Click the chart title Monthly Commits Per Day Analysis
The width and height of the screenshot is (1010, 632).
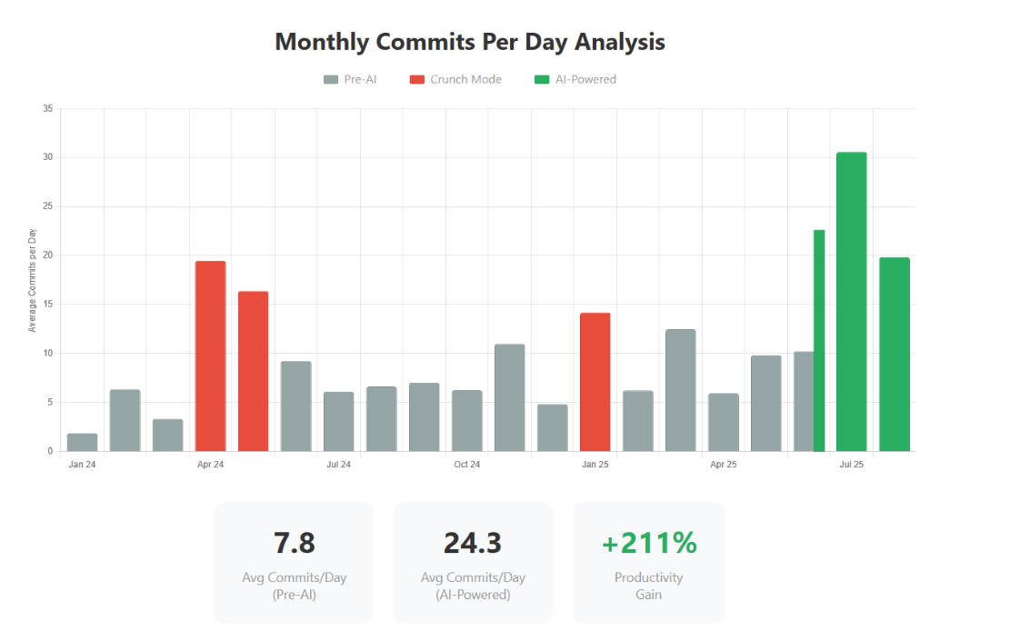pos(470,42)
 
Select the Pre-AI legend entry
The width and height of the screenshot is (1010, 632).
pos(350,79)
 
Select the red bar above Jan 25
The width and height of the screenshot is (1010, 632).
pos(595,382)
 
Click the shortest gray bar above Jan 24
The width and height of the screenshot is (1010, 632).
pos(82,442)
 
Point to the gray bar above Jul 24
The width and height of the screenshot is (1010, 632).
pos(339,421)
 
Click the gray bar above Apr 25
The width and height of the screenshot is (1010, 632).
pos(724,422)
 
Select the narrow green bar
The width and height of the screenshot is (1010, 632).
pos(819,341)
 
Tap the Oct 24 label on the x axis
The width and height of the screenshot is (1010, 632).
pos(467,465)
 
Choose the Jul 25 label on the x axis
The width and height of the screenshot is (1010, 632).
pos(852,465)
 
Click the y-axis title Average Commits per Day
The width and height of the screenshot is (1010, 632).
pos(33,280)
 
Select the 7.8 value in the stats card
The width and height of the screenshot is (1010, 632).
pos(294,543)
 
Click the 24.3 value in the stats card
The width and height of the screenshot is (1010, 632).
pos(473,543)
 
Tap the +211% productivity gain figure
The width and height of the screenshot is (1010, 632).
pos(649,543)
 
